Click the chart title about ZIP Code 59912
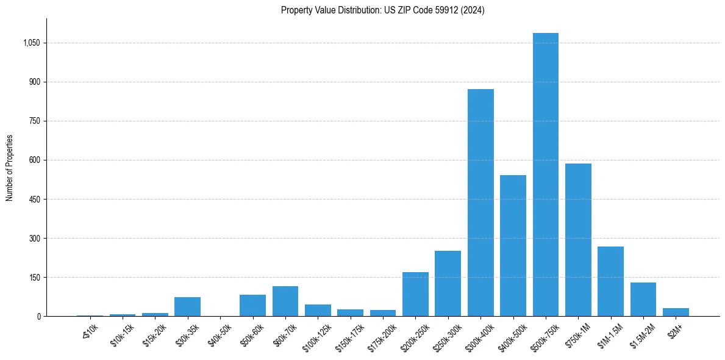click(x=382, y=10)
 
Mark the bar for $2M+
click(x=676, y=312)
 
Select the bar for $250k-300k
click(x=448, y=283)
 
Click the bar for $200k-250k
click(x=415, y=294)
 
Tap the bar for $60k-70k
click(x=285, y=301)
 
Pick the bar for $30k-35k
click(x=187, y=306)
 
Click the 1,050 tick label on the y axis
click(x=31, y=43)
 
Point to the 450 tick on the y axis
click(x=34, y=199)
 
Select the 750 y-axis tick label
click(x=34, y=121)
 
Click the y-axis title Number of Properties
click(x=10, y=168)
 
